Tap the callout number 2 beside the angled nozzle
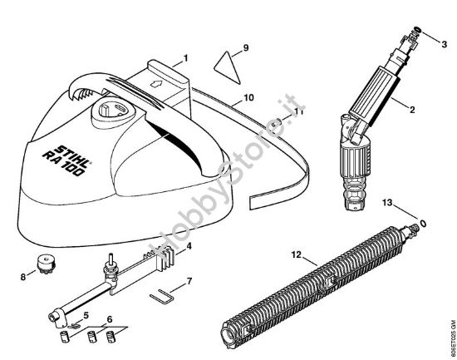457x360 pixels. tap(413, 109)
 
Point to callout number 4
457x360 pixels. tap(189, 246)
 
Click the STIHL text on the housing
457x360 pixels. tap(74, 138)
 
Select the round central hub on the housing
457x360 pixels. tap(110, 111)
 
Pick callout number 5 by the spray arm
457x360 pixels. tap(85, 315)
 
